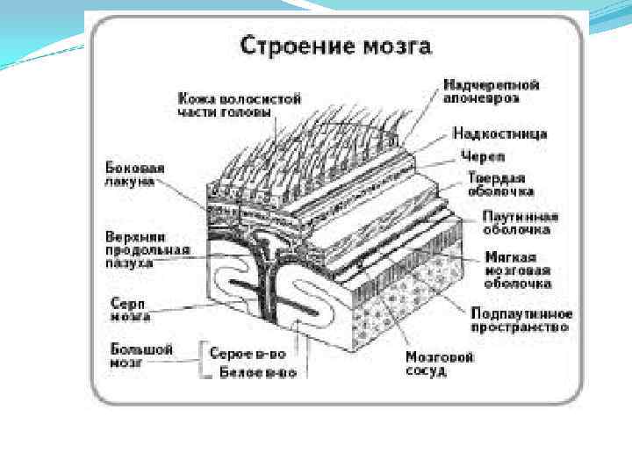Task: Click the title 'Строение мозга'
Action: [336, 46]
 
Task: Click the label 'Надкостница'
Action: [499, 133]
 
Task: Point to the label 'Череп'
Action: [483, 156]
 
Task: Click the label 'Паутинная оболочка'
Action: [521, 223]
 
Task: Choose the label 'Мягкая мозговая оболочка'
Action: [519, 270]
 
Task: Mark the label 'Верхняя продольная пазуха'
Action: [141, 249]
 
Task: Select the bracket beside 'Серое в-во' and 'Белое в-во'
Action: [205, 361]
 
